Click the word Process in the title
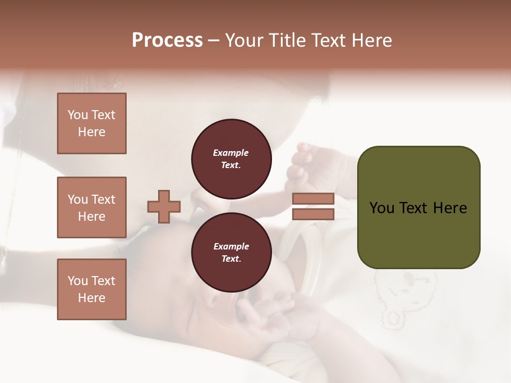pyautogui.click(x=167, y=40)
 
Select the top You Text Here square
pyautogui.click(x=92, y=123)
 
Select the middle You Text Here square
pyautogui.click(x=92, y=207)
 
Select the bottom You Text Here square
pyautogui.click(x=92, y=289)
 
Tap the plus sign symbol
pyautogui.click(x=163, y=206)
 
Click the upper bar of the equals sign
pyautogui.click(x=313, y=198)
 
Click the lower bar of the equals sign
pyautogui.click(x=313, y=214)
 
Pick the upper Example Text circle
pyautogui.click(x=231, y=159)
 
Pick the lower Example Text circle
pyautogui.click(x=231, y=253)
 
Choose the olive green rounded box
pyautogui.click(x=418, y=207)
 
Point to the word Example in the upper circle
pyautogui.click(x=231, y=153)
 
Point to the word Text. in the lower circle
pyautogui.click(x=231, y=259)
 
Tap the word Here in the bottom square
pyautogui.click(x=92, y=298)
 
